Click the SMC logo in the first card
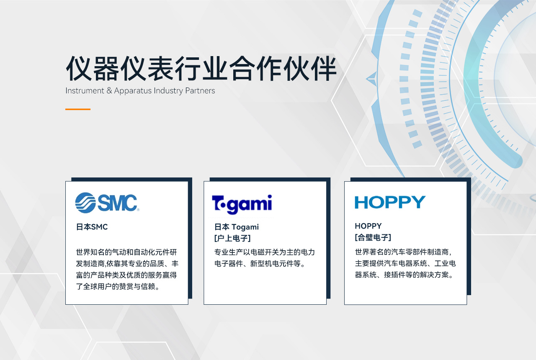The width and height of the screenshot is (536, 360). (107, 203)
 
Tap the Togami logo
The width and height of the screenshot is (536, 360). (242, 204)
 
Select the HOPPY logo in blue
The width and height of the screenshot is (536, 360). (390, 202)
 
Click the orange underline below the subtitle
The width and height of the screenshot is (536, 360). (78, 109)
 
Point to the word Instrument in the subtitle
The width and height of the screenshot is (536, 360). (85, 91)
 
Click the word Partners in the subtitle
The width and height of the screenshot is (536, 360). (200, 91)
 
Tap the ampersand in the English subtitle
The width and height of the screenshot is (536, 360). (109, 91)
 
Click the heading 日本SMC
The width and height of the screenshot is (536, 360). (92, 227)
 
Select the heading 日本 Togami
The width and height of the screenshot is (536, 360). (237, 227)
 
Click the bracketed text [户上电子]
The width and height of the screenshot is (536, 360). (232, 238)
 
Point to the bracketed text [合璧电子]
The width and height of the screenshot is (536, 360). (373, 237)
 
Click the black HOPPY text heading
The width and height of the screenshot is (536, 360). (368, 226)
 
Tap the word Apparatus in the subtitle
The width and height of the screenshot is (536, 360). (133, 91)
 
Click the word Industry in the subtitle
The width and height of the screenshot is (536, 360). (168, 91)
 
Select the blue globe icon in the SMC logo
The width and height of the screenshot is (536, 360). (85, 203)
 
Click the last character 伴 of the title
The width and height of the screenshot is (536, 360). (324, 68)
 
